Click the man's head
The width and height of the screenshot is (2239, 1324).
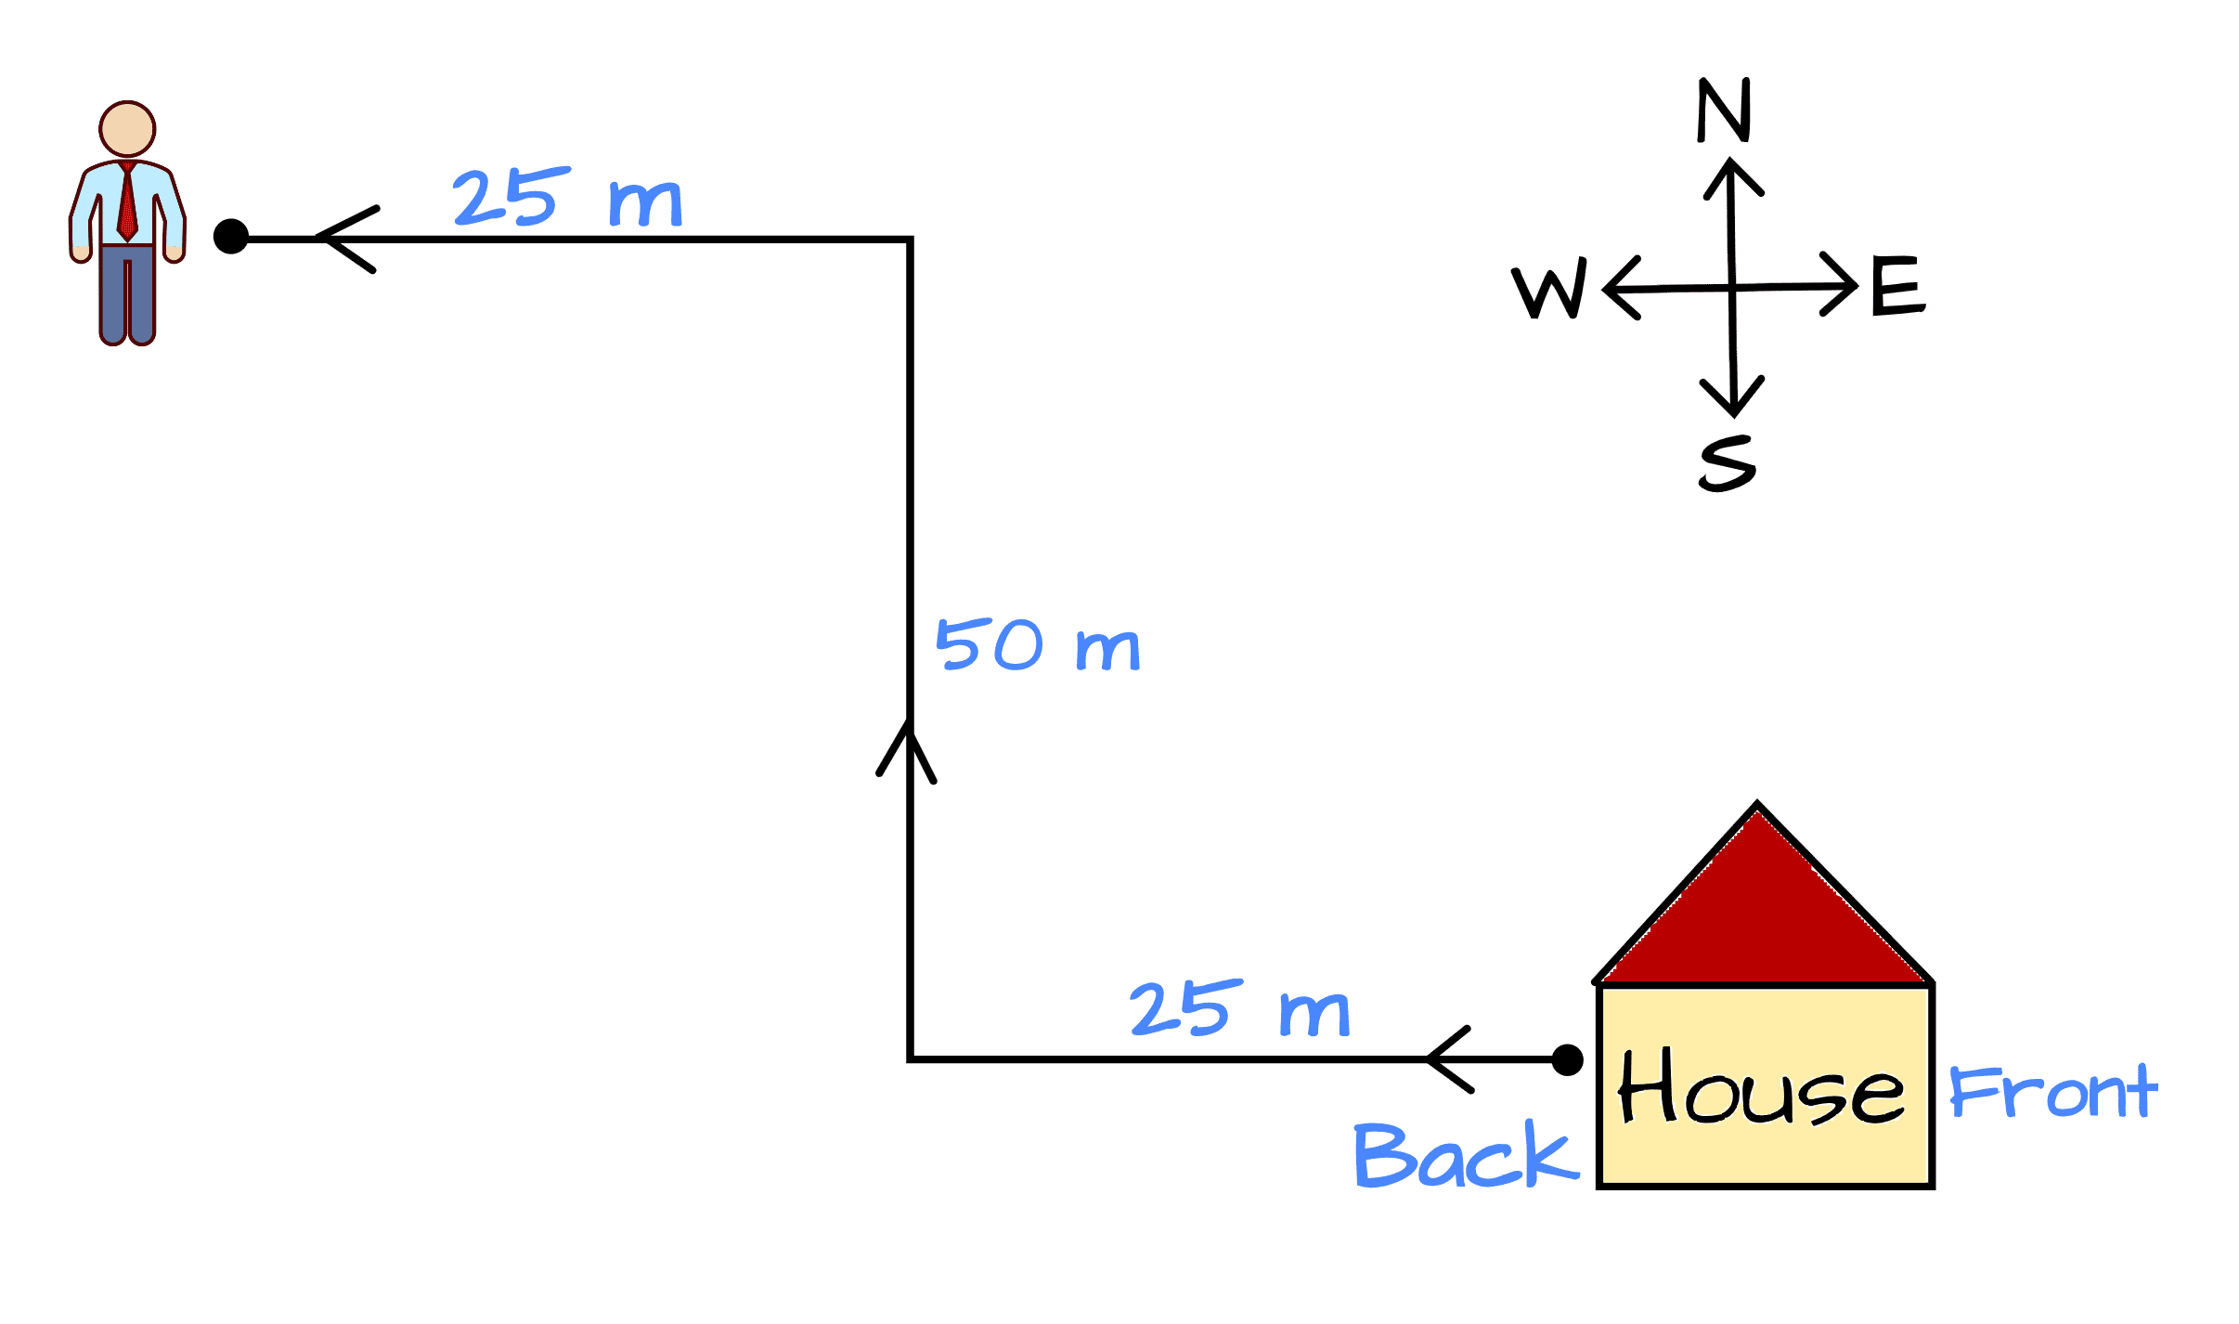click(x=127, y=129)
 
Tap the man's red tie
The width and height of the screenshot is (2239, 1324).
click(x=127, y=204)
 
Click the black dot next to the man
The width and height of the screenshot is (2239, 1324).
click(x=231, y=237)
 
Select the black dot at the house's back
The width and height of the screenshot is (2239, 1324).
click(x=1567, y=1059)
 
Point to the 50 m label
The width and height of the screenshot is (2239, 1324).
click(x=1037, y=645)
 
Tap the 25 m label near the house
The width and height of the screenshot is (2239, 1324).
click(x=1238, y=1009)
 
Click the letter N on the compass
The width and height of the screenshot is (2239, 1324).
click(x=1724, y=110)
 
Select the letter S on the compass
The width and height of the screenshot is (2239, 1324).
click(x=1728, y=462)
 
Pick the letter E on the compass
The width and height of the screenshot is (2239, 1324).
click(x=1897, y=286)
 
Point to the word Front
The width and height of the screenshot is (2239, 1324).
click(x=2052, y=1092)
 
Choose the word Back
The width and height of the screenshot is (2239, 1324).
click(x=1464, y=1156)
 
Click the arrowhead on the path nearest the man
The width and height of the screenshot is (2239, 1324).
click(x=343, y=240)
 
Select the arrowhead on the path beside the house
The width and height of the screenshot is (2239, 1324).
click(x=1448, y=1059)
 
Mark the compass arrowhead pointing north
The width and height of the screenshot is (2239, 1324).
click(x=1731, y=176)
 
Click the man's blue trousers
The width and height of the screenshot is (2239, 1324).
click(x=127, y=292)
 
